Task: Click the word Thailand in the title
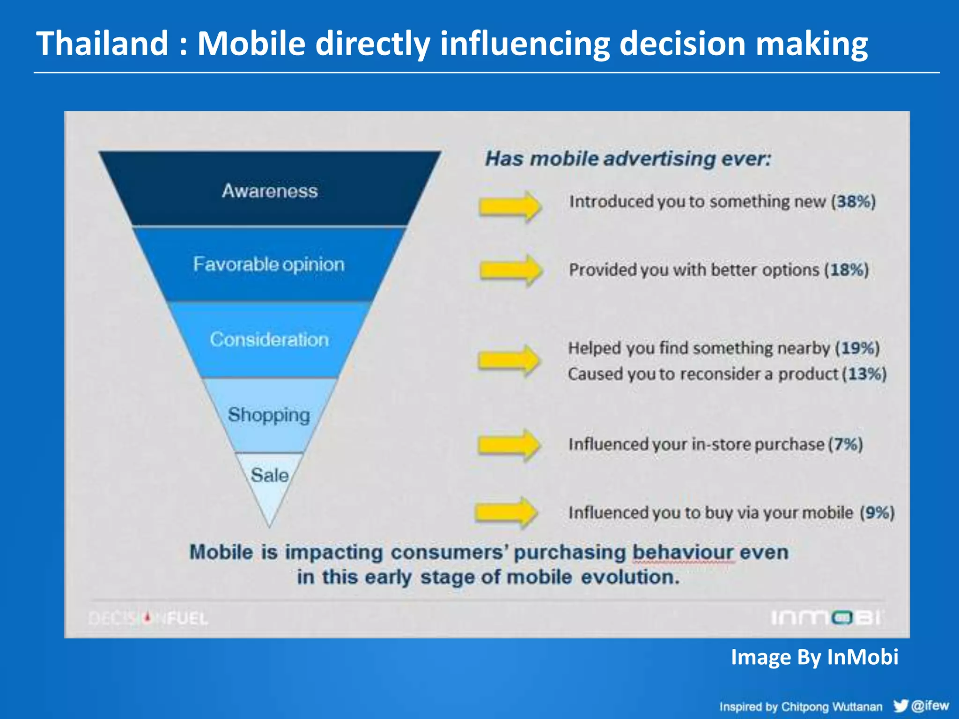click(x=102, y=44)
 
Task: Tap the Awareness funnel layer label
click(x=270, y=191)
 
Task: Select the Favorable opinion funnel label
click(x=269, y=264)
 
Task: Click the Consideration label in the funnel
click(x=269, y=339)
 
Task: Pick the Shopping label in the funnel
click(x=269, y=415)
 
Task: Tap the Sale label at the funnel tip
click(x=269, y=475)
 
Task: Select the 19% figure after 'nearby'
click(x=857, y=348)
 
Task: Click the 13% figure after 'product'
click(x=864, y=374)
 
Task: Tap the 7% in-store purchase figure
click(x=846, y=444)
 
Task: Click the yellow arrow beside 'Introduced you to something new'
click(x=510, y=206)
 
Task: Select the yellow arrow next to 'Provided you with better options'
click(x=511, y=270)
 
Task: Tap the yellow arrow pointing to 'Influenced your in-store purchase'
click(x=509, y=445)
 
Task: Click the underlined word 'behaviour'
click(x=683, y=552)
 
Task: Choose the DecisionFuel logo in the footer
click(x=148, y=618)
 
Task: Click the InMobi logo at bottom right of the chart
click(x=826, y=618)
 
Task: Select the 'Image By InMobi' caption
click(x=814, y=657)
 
